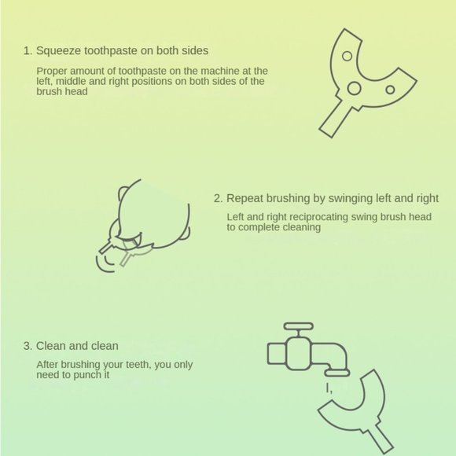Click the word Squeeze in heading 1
tap(61, 51)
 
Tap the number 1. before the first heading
tap(28, 51)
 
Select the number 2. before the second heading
tap(219, 199)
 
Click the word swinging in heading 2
tap(358, 199)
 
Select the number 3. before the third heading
tap(28, 346)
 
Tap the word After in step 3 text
tap(49, 364)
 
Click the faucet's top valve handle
tap(298, 325)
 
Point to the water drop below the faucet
tap(330, 388)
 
